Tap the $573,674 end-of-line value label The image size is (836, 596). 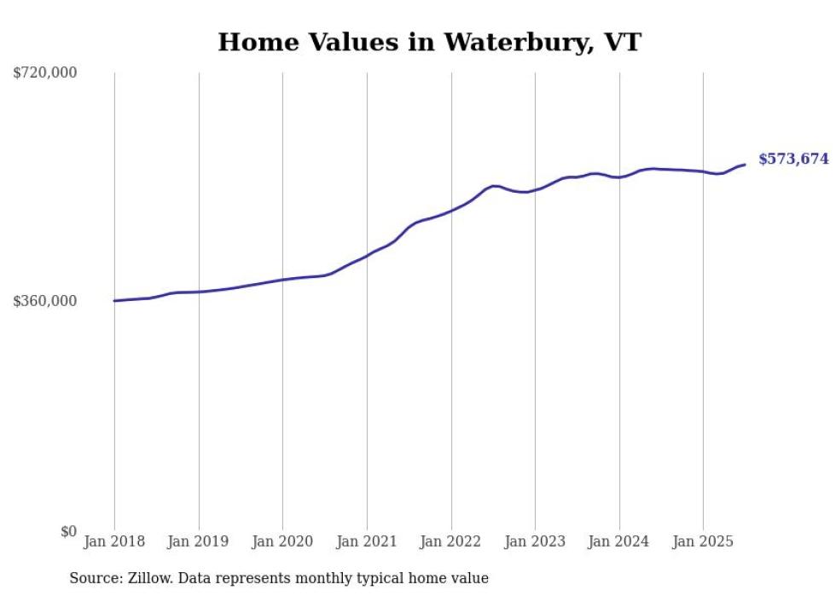793,159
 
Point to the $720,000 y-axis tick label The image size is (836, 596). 45,73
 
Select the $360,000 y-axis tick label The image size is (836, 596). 45,301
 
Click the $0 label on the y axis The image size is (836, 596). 68,531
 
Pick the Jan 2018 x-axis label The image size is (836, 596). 114,541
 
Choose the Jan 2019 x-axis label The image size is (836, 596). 199,541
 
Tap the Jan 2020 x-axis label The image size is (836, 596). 282,541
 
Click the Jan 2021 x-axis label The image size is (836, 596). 367,541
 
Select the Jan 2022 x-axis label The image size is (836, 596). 451,541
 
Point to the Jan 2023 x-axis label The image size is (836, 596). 535,541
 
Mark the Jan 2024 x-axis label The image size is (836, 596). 619,541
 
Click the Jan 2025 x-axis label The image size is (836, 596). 703,541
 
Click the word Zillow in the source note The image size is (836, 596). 148,578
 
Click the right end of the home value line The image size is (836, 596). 745,165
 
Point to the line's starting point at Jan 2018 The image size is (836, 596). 115,300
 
